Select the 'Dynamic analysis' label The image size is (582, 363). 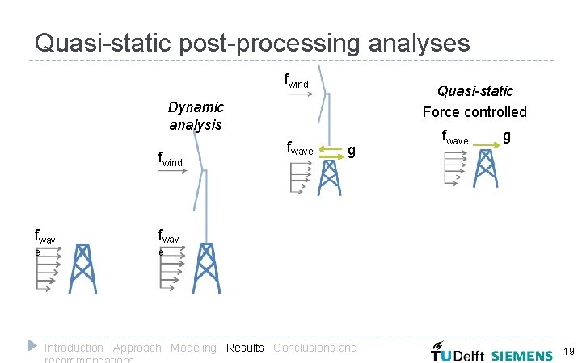pyautogui.click(x=196, y=115)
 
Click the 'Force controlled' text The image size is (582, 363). pyautogui.click(x=474, y=112)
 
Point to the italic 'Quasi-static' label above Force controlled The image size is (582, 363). pyautogui.click(x=474, y=91)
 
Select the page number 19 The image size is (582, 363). pyautogui.click(x=567, y=352)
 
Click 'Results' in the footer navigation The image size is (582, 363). pyautogui.click(x=245, y=348)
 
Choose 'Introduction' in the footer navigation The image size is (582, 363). pyautogui.click(x=74, y=348)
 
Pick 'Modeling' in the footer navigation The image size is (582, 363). pyautogui.click(x=193, y=348)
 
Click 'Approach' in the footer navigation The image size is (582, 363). pyautogui.click(x=137, y=348)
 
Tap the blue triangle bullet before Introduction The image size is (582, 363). pyautogui.click(x=32, y=346)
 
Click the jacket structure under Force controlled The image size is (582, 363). pyautogui.click(x=485, y=169)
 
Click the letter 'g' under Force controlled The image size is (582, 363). pyautogui.click(x=506, y=136)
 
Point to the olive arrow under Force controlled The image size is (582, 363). pyautogui.click(x=486, y=145)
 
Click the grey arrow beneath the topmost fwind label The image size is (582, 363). pyautogui.click(x=300, y=94)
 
